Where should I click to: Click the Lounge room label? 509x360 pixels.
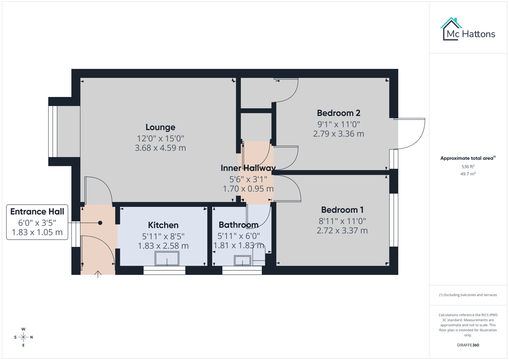[x=160, y=127]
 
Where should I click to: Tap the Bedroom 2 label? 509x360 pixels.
[x=338, y=113]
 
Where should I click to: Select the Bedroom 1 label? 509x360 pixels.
[x=342, y=210]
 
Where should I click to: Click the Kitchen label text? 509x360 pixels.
[x=163, y=225]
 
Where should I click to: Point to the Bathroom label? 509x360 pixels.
[x=238, y=225]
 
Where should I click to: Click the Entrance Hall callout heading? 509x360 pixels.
[x=37, y=212]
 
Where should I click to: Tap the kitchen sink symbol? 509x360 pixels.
[x=167, y=259]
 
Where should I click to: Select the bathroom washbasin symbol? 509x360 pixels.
[x=242, y=260]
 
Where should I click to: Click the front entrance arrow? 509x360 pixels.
[x=98, y=274]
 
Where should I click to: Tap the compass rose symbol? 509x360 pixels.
[x=23, y=337]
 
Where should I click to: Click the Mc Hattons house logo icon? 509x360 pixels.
[x=451, y=29]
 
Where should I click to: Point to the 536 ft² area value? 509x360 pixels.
[x=468, y=166]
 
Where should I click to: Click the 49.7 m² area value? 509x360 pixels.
[x=468, y=174]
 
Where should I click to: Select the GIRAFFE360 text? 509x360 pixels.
[x=468, y=345]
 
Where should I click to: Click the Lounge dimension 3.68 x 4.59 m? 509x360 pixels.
[x=160, y=148]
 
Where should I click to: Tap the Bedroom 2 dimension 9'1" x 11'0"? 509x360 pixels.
[x=338, y=124]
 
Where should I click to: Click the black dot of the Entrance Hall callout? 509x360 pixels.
[x=100, y=223]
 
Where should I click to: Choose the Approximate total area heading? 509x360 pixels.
[x=467, y=158]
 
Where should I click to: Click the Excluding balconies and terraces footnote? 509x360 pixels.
[x=468, y=295]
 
